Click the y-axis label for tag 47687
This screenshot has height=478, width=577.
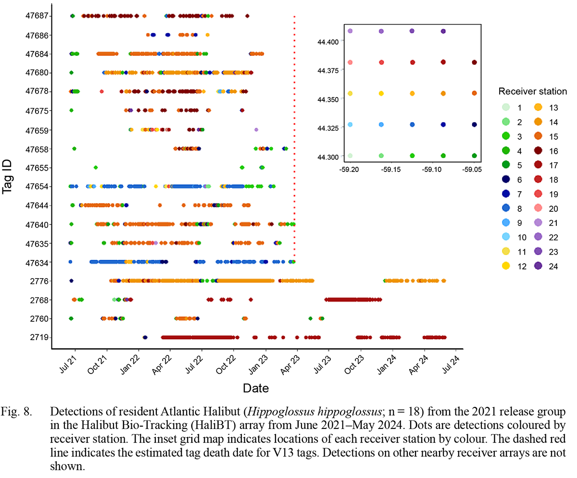[37, 16]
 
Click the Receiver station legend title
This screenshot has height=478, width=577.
[532, 91]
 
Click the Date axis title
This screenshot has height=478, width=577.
[255, 388]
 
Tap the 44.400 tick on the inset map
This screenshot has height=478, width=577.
[328, 41]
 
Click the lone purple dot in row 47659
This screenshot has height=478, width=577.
[256, 130]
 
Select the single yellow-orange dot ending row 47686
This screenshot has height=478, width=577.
[207, 35]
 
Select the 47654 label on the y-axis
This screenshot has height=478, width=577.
[37, 186]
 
